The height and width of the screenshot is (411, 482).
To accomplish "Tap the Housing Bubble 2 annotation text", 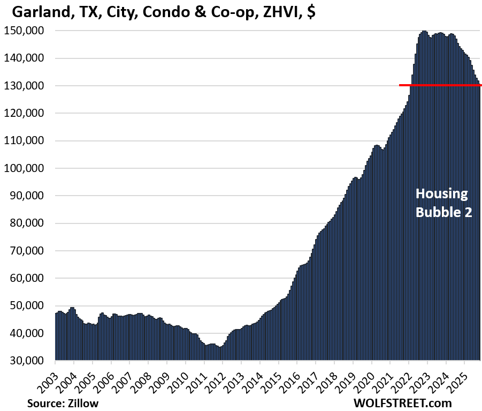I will click(441, 203).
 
